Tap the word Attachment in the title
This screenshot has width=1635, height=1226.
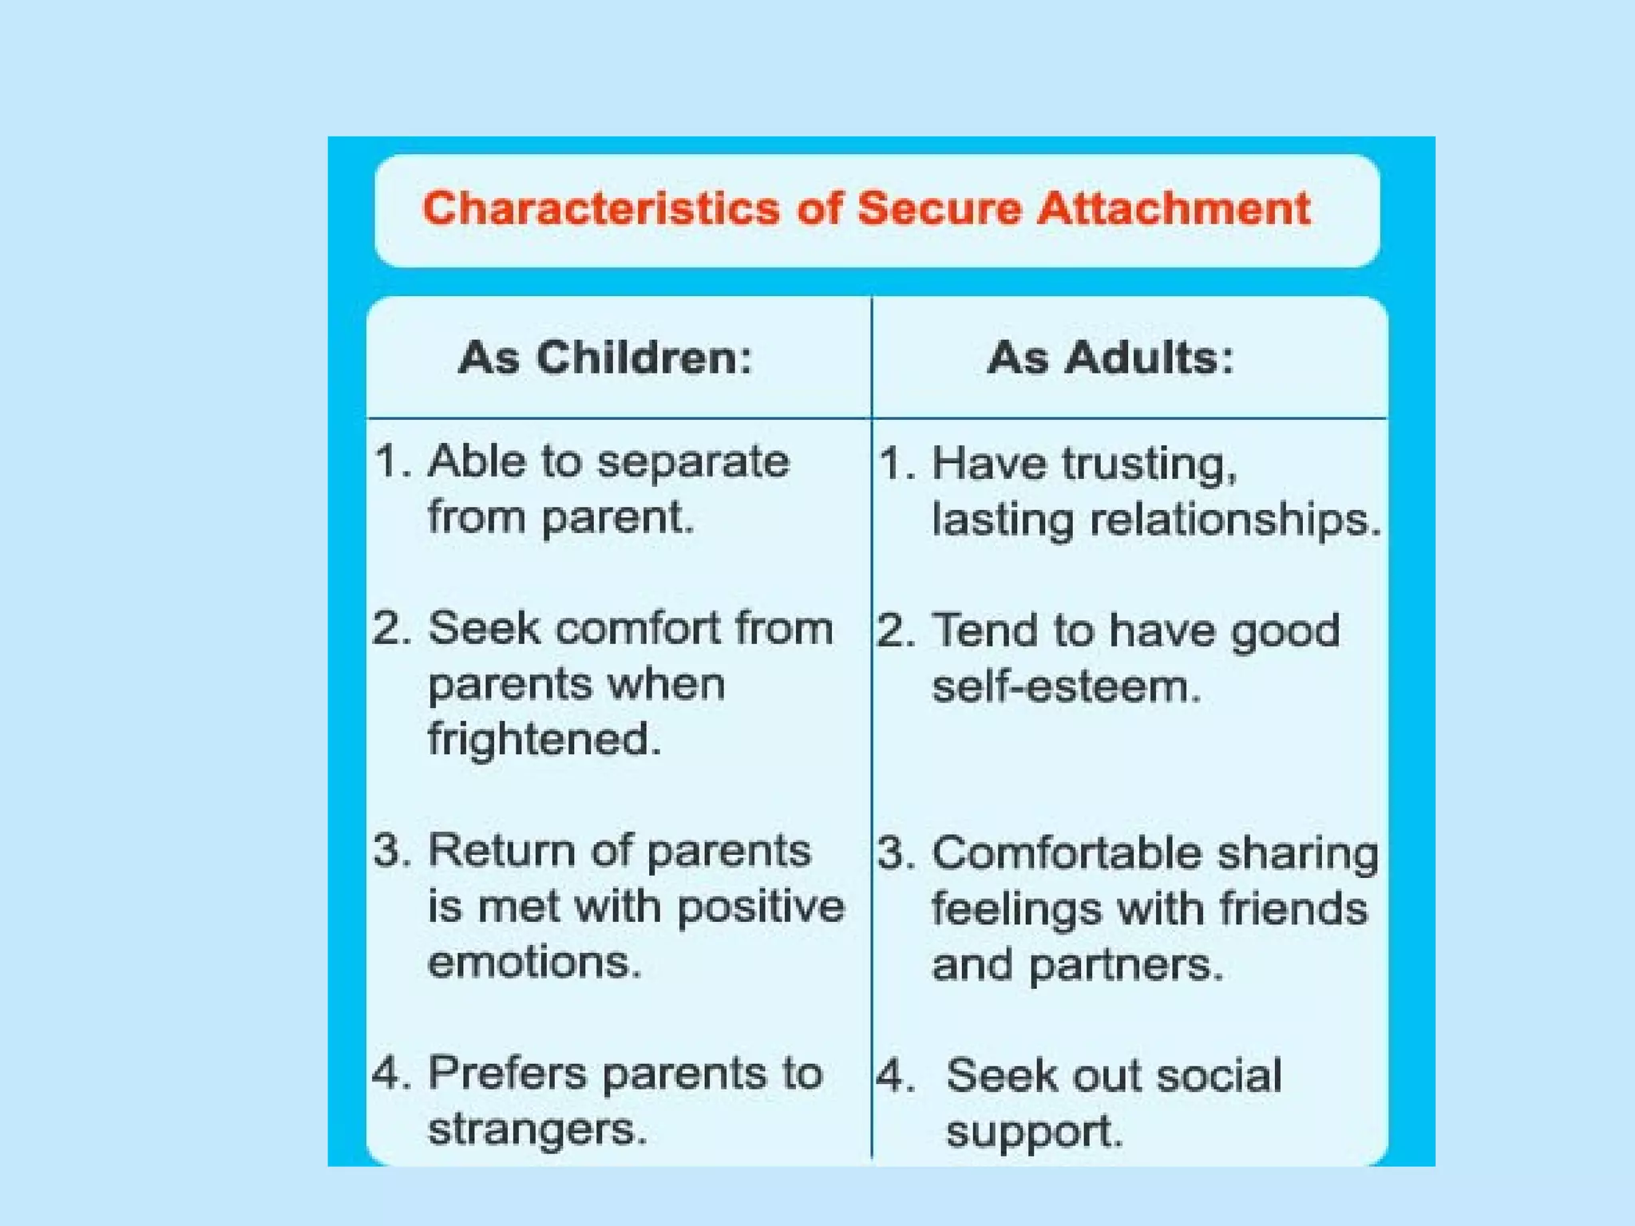click(x=1173, y=209)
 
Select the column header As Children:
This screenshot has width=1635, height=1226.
click(x=605, y=357)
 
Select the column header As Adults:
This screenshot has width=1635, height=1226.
click(x=1110, y=357)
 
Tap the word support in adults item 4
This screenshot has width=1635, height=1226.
click(x=1033, y=1133)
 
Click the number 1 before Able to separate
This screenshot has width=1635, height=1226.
click(x=389, y=462)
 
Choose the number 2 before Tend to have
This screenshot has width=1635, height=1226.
click(x=891, y=631)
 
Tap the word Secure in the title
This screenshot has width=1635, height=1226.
click(x=939, y=209)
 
